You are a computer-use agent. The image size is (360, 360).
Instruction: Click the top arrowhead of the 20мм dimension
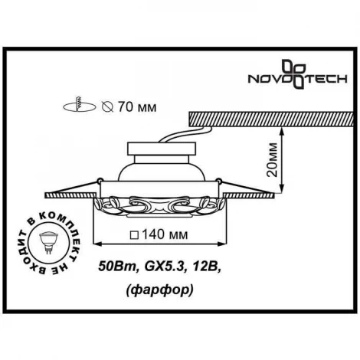pyautogui.click(x=282, y=131)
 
